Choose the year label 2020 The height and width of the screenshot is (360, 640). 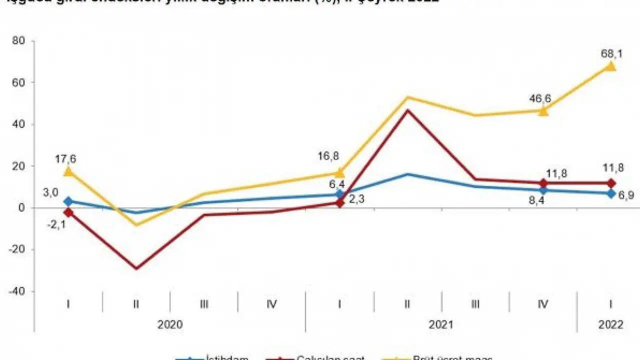click(170, 324)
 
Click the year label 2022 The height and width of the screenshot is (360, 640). click(610, 324)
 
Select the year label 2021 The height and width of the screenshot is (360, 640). click(441, 324)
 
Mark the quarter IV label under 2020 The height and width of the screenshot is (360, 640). click(271, 303)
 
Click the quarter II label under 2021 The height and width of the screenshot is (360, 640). click(407, 303)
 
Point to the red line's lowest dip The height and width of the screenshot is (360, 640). click(136, 268)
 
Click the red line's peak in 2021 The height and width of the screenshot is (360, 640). click(407, 110)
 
